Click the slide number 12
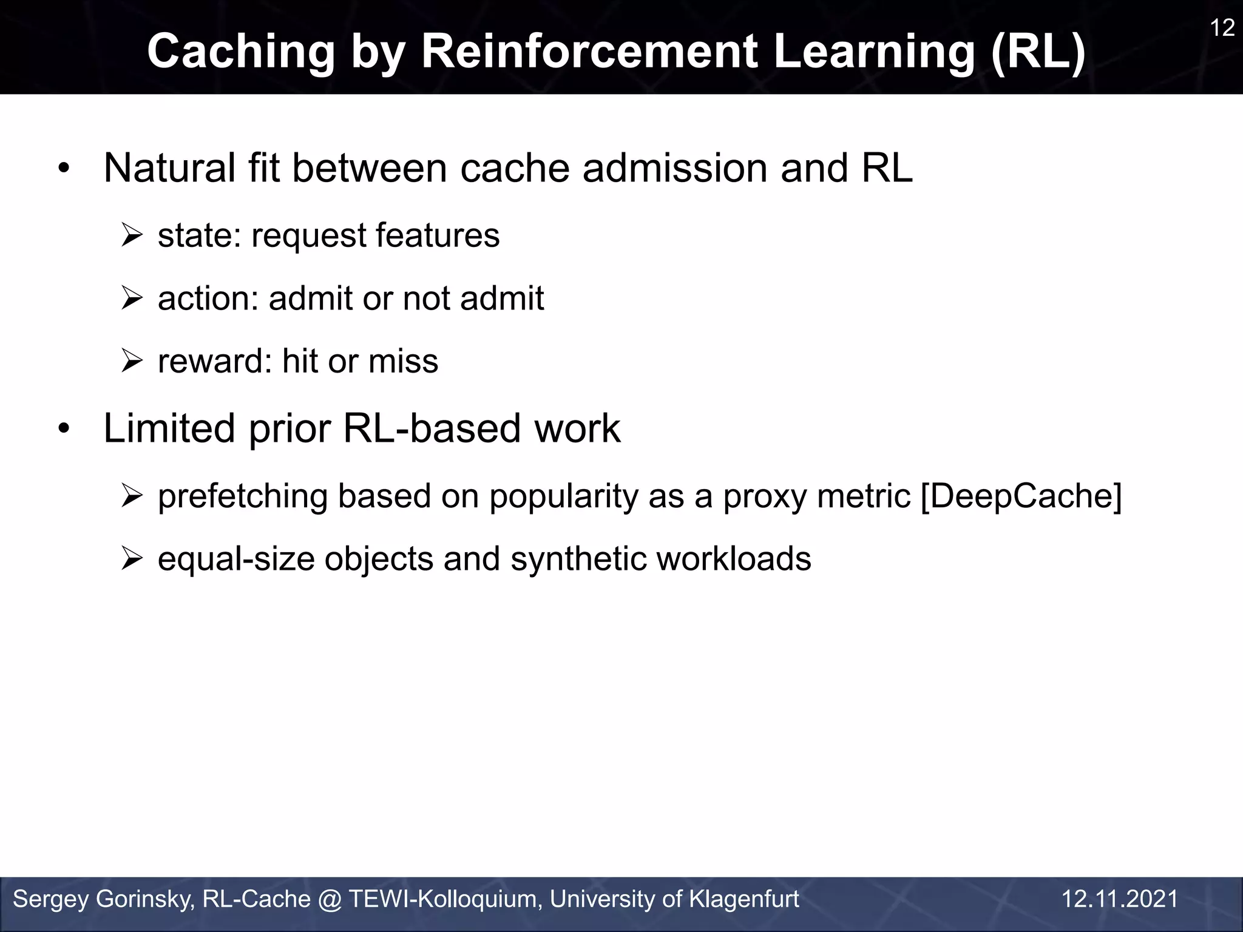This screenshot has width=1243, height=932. click(x=1222, y=29)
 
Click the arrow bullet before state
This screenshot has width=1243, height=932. click(x=131, y=235)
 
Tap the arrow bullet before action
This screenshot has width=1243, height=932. click(x=131, y=299)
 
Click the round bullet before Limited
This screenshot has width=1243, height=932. click(x=64, y=430)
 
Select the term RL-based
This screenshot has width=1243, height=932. click(x=432, y=428)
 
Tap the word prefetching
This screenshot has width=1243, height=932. click(x=242, y=496)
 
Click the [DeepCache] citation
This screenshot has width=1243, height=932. click(x=1021, y=496)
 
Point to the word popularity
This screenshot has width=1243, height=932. click(x=564, y=496)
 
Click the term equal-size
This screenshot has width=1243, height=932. click(x=236, y=559)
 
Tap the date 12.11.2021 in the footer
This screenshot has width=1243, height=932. click(x=1119, y=899)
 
